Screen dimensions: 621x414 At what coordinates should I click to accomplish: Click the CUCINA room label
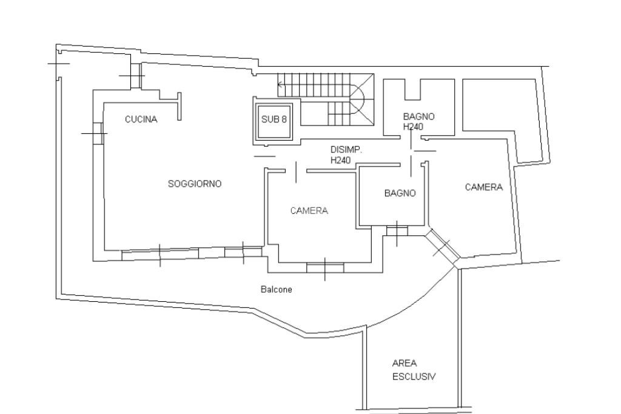(141, 119)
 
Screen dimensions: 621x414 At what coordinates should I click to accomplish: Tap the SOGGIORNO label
(195, 184)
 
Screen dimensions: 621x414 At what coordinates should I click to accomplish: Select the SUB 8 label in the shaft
(274, 119)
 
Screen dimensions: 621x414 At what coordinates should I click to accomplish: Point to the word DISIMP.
(346, 150)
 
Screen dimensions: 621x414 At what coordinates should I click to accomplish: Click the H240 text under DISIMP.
(341, 160)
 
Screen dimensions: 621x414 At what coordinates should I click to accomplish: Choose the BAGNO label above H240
(418, 117)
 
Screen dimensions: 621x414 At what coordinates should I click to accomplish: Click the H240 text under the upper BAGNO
(413, 127)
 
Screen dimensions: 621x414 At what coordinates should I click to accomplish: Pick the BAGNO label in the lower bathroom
(400, 193)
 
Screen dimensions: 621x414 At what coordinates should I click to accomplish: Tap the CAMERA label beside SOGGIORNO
(309, 210)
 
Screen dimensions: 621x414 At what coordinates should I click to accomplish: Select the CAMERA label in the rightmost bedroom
(483, 187)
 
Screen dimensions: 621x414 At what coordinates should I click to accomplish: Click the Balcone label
(277, 289)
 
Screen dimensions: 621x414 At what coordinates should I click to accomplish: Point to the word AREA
(404, 363)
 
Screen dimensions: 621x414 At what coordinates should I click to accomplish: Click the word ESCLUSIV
(414, 376)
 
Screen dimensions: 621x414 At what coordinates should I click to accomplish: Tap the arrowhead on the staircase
(280, 84)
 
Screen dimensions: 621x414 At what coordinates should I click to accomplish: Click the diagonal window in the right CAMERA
(442, 245)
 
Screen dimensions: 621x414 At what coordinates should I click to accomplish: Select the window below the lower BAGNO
(397, 230)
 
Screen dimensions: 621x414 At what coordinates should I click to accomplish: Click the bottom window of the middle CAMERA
(325, 268)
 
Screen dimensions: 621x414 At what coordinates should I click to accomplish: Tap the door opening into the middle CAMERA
(296, 172)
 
